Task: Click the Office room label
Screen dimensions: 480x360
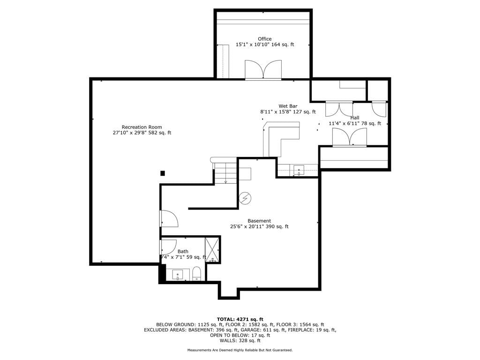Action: (x=264, y=39)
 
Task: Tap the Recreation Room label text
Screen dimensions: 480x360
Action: (x=142, y=127)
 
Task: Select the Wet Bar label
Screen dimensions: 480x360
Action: (x=288, y=106)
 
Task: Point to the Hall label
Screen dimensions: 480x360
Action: (x=355, y=118)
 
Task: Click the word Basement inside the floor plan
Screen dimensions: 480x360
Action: (x=259, y=221)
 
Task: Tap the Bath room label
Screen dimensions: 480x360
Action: (x=183, y=252)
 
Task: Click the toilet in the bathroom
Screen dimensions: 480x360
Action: (x=196, y=274)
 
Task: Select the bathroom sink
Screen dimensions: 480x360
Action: (x=177, y=275)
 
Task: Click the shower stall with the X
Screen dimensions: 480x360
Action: (x=212, y=250)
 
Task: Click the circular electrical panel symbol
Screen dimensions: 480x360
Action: (x=245, y=198)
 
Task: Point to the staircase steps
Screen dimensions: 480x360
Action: (x=225, y=173)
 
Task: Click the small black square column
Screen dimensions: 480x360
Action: (x=163, y=173)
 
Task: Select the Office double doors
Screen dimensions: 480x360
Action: (x=263, y=70)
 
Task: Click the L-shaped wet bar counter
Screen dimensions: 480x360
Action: (x=281, y=138)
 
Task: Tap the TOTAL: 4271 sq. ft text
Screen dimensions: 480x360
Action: (x=240, y=319)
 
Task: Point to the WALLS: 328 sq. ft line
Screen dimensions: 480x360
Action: (x=240, y=341)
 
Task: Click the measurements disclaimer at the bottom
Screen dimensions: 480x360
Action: (x=240, y=350)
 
